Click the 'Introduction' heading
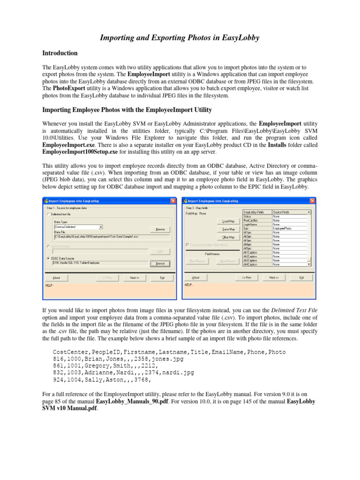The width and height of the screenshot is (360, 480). coord(60,53)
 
